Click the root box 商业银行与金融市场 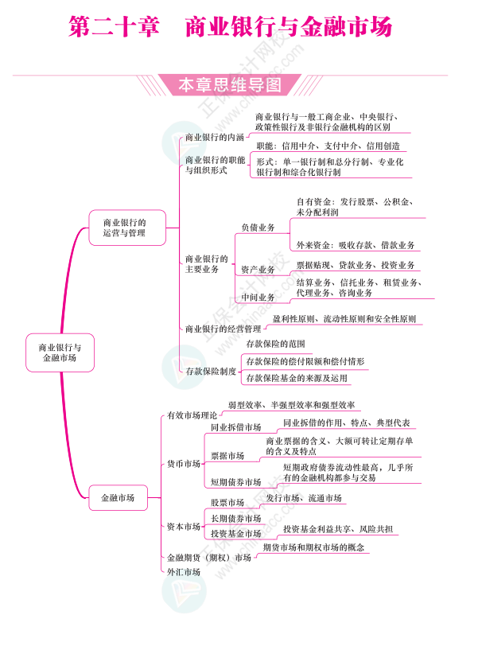click(x=60, y=352)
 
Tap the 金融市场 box click(x=118, y=498)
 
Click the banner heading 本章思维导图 click(x=229, y=84)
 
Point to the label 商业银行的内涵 click(x=215, y=137)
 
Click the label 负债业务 click(x=258, y=228)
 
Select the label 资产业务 click(x=258, y=270)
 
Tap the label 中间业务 click(x=258, y=298)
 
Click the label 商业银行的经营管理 click(x=223, y=329)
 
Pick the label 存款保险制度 click(x=211, y=371)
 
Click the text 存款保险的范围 click(x=276, y=344)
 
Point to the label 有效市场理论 click(x=192, y=415)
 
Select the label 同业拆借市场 click(x=235, y=427)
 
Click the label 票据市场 click(x=227, y=456)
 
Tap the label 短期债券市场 click(x=235, y=482)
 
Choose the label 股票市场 click(x=227, y=503)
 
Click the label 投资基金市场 click(x=235, y=533)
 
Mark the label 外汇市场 click(x=184, y=571)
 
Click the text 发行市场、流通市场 click(x=304, y=498)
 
